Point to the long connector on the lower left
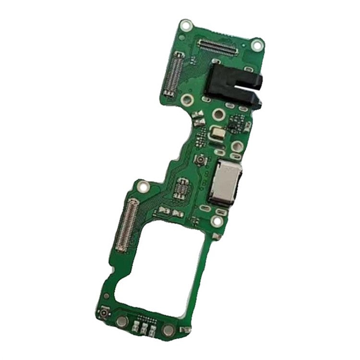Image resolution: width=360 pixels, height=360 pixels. pos(126,222)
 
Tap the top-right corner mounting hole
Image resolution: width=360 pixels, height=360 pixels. pos(258,45)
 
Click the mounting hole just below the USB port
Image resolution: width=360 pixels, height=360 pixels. pos(217,221)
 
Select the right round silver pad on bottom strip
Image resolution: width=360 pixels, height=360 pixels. pos(168,330)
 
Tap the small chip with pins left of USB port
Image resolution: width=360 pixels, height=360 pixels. pos(182,189)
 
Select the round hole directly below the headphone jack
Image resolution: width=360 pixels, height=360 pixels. pos(219,115)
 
